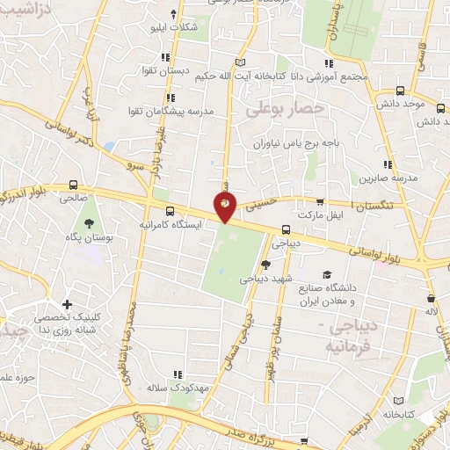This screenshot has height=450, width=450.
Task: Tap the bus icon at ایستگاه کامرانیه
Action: point(169,211)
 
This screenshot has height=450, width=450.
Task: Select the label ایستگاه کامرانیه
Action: point(171,225)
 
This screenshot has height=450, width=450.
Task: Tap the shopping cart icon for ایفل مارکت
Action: point(320,201)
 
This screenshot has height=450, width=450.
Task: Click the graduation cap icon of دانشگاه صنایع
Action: point(328,275)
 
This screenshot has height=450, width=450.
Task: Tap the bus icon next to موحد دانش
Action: point(401,91)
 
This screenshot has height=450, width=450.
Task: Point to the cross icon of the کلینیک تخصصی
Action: point(67,303)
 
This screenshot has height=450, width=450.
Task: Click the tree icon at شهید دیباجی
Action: point(266,265)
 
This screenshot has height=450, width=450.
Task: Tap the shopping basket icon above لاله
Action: point(430,298)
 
